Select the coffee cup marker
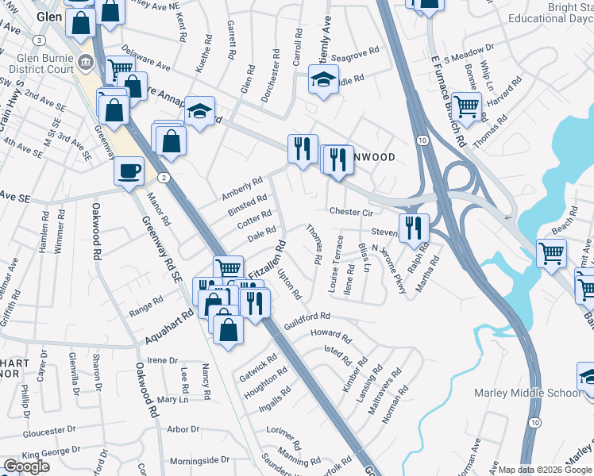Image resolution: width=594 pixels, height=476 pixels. (129, 171)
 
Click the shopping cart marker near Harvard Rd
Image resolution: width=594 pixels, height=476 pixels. (467, 105)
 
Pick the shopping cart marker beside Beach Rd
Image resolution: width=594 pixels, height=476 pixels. (551, 254)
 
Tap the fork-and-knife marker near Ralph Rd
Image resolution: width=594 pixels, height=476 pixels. (413, 228)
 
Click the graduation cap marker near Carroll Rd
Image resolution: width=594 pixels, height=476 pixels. (323, 79)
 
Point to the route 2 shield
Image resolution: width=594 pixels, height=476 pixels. (161, 177)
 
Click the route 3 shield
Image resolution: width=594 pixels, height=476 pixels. (38, 40)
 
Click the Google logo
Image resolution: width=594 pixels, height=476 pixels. (26, 466)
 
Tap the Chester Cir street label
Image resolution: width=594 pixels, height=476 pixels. (350, 213)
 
